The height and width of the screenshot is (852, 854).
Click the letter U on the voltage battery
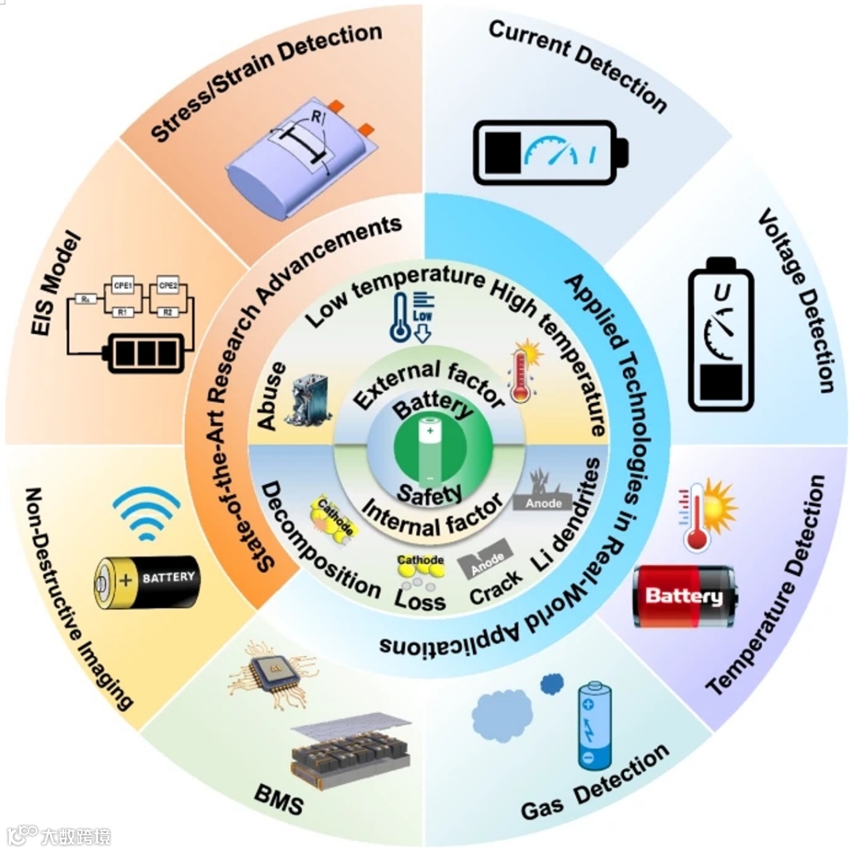tap(721, 293)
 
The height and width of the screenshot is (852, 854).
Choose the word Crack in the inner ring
tap(496, 588)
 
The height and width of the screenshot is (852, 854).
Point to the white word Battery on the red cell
tap(684, 596)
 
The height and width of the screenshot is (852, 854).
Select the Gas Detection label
tap(595, 782)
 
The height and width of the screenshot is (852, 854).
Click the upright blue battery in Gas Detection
tap(594, 725)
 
